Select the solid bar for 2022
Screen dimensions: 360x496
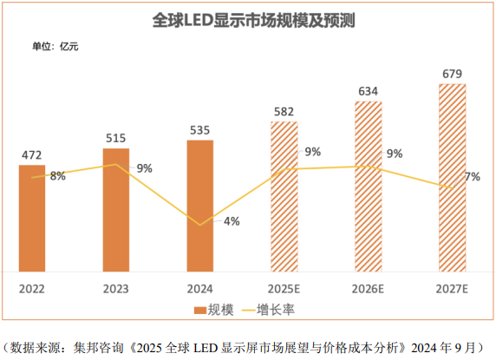pyautogui.click(x=31, y=217)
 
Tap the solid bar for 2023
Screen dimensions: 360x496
pyautogui.click(x=115, y=208)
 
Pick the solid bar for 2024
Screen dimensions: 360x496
pyautogui.click(x=199, y=205)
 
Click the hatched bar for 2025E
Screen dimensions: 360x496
pyautogui.click(x=284, y=195)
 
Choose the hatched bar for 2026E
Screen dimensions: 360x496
pyautogui.click(x=368, y=186)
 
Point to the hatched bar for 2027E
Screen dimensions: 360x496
pyautogui.click(x=452, y=177)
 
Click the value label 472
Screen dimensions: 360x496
pyautogui.click(x=31, y=156)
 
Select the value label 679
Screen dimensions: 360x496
pyautogui.click(x=452, y=74)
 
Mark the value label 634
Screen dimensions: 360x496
pyautogui.click(x=368, y=91)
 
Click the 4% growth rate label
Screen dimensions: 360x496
pyautogui.click(x=232, y=221)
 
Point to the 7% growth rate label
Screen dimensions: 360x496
pyautogui.click(x=473, y=177)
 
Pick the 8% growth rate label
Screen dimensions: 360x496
pyautogui.click(x=58, y=176)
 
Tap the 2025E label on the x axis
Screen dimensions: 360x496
pyautogui.click(x=284, y=287)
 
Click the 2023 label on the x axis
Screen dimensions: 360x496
pyautogui.click(x=115, y=287)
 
